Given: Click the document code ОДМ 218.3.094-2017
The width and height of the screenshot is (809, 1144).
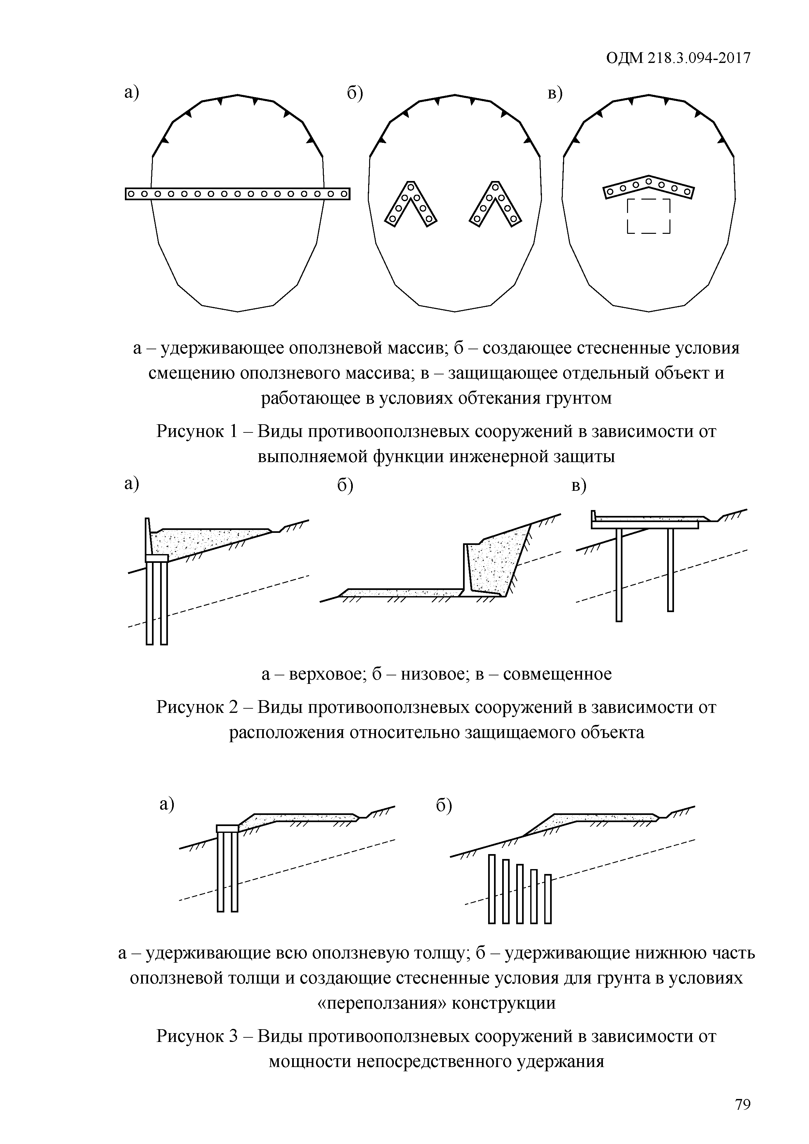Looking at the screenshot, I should (678, 58).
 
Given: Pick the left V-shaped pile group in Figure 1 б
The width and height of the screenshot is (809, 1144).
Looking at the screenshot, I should (411, 204).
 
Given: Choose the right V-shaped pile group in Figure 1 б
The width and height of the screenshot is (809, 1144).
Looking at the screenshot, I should (495, 204).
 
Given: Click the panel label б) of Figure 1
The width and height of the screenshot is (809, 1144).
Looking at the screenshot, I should (355, 93).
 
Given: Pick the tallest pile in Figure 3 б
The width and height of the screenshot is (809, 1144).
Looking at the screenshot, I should (492, 889).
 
